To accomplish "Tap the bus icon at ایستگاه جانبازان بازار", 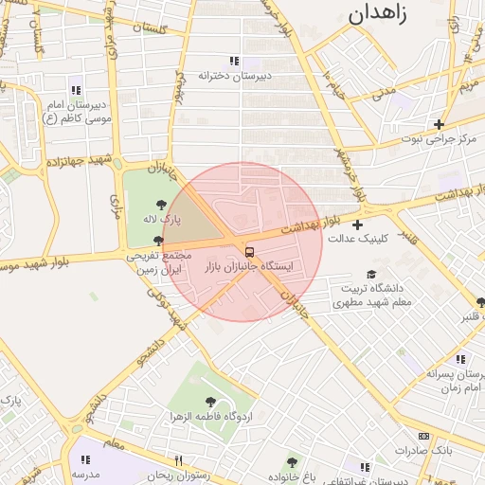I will [249, 252].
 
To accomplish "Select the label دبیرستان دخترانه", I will [234, 75].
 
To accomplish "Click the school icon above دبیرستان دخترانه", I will [234, 61].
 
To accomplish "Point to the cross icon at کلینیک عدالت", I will [356, 225].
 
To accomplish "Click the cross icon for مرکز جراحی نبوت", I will [438, 124].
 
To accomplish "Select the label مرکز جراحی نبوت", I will [438, 139].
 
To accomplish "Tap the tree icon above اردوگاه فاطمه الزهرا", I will [209, 403].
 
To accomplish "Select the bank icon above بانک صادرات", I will [423, 436].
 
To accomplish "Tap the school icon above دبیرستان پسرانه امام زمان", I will [459, 360].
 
